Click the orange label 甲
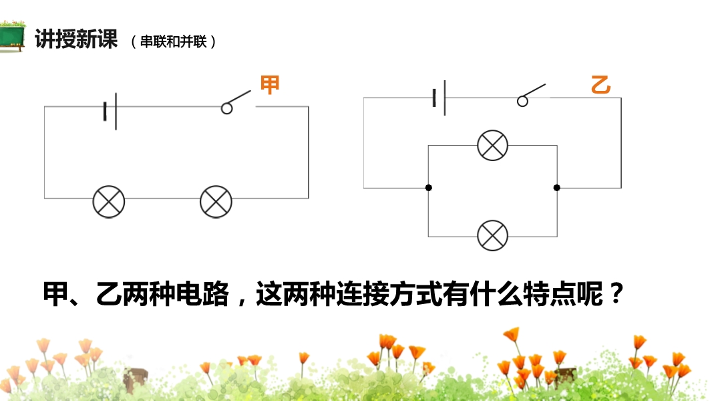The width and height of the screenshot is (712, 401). click(x=269, y=85)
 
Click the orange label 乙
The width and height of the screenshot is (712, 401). click(x=600, y=86)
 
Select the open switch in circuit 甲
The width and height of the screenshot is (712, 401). click(x=237, y=102)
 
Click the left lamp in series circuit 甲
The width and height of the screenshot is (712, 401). click(x=109, y=201)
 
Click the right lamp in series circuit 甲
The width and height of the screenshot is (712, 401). click(x=216, y=201)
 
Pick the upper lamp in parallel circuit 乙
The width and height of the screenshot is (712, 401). click(x=492, y=145)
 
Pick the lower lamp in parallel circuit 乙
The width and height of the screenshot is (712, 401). click(x=492, y=235)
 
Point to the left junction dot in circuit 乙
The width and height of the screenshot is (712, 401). click(x=428, y=188)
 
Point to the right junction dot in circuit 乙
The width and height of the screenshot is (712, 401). click(x=556, y=188)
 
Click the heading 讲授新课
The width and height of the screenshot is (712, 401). click(x=75, y=39)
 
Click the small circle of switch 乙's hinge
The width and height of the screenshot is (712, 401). click(x=522, y=101)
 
